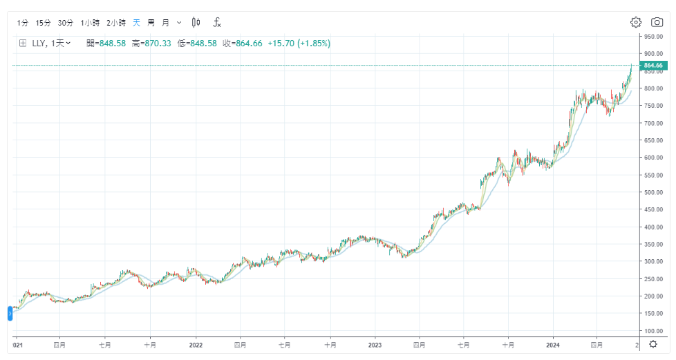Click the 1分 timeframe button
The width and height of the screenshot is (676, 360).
click(x=23, y=23)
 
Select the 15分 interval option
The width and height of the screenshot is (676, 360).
click(x=44, y=23)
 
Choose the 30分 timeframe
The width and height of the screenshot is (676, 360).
click(x=66, y=23)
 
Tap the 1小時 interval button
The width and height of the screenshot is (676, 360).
click(x=90, y=23)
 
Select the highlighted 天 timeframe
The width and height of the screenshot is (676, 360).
click(x=136, y=23)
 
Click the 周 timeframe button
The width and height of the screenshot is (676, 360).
click(x=151, y=23)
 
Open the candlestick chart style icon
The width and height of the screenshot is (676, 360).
click(x=196, y=23)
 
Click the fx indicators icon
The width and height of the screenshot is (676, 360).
click(x=216, y=23)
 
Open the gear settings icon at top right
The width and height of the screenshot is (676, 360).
click(x=636, y=22)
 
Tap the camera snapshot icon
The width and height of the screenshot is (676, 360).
click(x=657, y=22)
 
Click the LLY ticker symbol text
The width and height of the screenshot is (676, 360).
click(x=39, y=44)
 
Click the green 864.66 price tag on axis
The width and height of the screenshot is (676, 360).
click(x=652, y=66)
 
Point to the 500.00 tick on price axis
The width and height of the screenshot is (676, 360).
click(x=653, y=192)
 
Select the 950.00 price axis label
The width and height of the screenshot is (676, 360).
click(x=653, y=36)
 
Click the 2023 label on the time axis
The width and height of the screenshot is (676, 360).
click(x=375, y=343)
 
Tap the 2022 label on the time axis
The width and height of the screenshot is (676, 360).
click(x=196, y=343)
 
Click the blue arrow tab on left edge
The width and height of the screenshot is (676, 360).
click(x=10, y=313)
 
